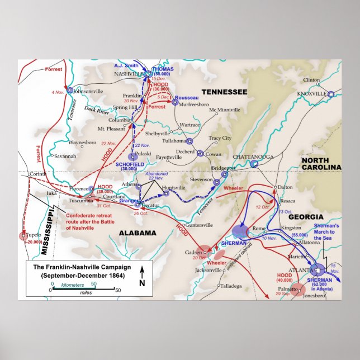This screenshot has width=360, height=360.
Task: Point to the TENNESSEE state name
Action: pos(224,92)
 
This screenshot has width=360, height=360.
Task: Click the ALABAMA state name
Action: pos(136,233)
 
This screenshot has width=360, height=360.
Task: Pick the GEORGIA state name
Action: pos(305,216)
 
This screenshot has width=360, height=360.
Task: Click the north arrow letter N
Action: pos(142,282)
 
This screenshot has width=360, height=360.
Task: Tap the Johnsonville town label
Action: pos(88,91)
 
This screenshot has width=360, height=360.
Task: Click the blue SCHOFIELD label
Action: pos(130,164)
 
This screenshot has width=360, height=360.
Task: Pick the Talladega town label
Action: pos(230,286)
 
